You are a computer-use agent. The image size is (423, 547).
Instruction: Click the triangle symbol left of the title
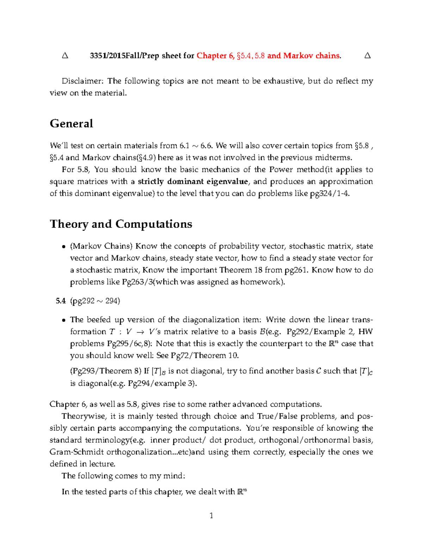65,56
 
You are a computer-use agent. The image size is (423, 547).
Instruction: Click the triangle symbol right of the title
367,56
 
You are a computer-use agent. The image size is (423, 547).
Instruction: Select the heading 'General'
72,123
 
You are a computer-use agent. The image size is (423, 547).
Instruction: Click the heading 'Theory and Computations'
121,224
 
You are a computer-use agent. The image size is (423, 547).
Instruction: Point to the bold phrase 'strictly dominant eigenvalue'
193,181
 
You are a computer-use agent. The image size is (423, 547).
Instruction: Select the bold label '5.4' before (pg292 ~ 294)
61,301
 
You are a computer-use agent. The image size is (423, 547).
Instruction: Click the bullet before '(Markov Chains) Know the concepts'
63,247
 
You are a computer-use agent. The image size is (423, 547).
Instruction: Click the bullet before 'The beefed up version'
63,320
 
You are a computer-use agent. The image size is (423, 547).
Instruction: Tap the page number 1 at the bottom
211,516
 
